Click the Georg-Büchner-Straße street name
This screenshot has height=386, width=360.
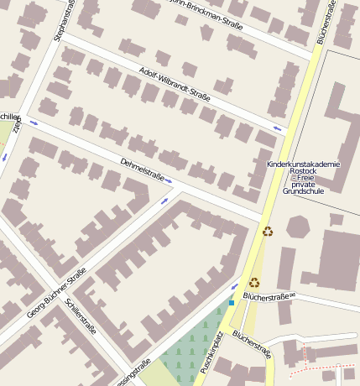pos(57,291)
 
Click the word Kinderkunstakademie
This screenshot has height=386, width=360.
pos(303,164)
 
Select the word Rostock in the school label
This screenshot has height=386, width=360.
pos(302,171)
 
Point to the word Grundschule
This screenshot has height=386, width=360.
pos(302,191)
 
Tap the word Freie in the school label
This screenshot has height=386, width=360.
pos(302,178)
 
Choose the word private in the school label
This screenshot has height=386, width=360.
pos(302,185)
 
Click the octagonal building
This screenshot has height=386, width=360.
pos(299,227)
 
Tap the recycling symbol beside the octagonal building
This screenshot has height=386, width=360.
pos(268,232)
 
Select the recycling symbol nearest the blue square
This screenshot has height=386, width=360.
pos(254,283)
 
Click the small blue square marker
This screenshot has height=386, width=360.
pos(232,303)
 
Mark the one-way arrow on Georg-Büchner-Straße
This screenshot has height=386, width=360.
pos(164,201)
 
